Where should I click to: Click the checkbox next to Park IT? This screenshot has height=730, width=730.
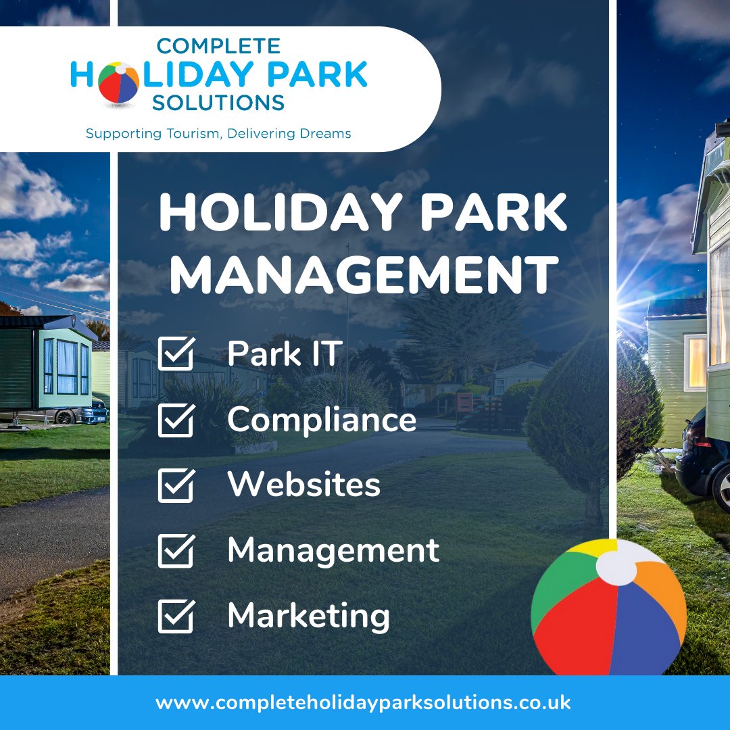pos(176,354)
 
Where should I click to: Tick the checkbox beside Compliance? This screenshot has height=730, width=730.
pos(176,420)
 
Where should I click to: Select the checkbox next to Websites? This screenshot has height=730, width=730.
pos(176,485)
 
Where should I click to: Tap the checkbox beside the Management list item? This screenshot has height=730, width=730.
pos(176,550)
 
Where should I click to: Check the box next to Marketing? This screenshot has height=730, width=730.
pos(176,616)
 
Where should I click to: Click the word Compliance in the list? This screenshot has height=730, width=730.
pos(321,420)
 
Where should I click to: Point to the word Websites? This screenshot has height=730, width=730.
pos(303,485)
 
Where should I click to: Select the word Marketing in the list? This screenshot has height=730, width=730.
pos(308,616)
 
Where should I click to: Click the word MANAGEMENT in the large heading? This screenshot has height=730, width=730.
pos(364,274)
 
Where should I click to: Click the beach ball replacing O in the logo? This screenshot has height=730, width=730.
pos(118,82)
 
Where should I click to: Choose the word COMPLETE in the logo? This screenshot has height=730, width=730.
pos(218,46)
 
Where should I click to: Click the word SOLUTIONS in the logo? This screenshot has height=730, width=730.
pos(218,103)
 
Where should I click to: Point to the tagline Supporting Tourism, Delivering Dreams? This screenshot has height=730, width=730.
pos(218,134)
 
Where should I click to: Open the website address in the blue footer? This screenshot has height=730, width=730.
pos(363,702)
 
